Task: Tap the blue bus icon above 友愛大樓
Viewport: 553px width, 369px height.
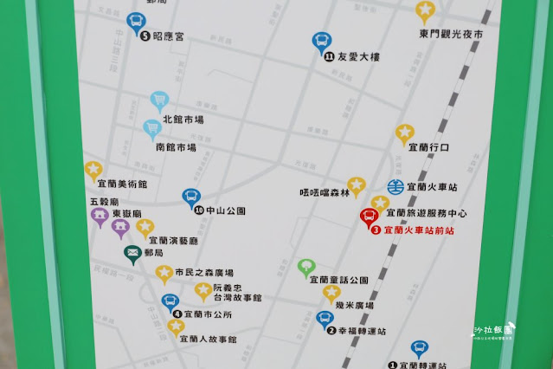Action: click(320, 41)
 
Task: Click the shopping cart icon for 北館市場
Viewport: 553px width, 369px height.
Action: click(158, 101)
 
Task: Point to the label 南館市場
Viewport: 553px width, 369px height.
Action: click(176, 147)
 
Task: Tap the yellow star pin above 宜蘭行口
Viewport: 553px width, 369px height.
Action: click(405, 133)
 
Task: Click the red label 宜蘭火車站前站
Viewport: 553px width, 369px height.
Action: click(418, 230)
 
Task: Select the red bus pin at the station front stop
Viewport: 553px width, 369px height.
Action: click(369, 217)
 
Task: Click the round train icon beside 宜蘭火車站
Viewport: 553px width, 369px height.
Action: click(395, 186)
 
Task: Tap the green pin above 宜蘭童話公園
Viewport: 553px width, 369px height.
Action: click(305, 267)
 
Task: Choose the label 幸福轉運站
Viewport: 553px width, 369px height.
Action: click(363, 330)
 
